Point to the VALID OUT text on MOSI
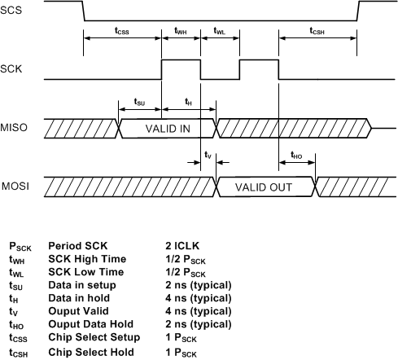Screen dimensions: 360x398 [265, 187]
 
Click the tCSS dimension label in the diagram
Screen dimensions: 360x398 [123, 32]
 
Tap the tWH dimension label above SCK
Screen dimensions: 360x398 [182, 32]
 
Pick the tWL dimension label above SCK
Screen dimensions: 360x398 [220, 32]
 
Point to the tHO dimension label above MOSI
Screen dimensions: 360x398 [297, 153]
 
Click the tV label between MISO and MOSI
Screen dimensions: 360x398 [207, 155]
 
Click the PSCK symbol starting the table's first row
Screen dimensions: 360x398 [20, 244]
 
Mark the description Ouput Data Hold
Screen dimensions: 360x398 [90, 324]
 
